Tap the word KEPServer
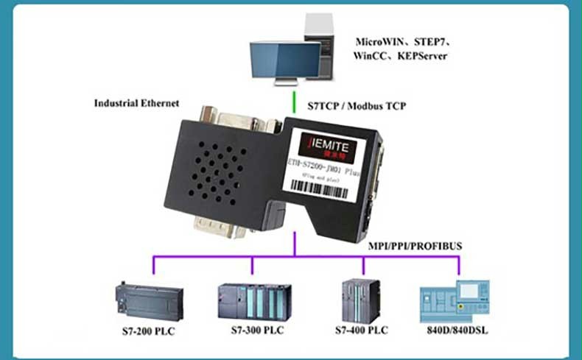[422, 57]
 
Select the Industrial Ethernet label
[136, 104]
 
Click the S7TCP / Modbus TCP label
[357, 106]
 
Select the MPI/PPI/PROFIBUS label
[415, 245]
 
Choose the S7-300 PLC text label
[253, 331]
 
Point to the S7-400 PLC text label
[361, 331]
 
